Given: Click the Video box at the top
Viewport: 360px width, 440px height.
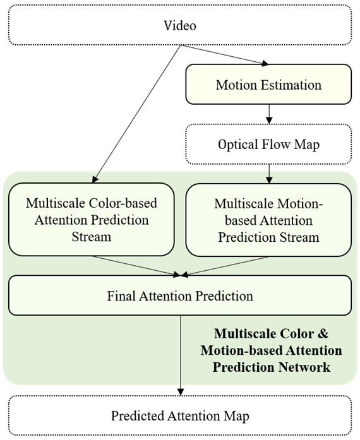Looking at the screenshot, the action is [180, 25].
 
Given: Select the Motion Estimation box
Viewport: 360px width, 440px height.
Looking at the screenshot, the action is [268, 85].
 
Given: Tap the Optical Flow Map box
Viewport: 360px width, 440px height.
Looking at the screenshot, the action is [268, 144].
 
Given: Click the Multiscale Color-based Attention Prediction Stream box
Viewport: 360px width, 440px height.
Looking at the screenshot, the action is [92, 220].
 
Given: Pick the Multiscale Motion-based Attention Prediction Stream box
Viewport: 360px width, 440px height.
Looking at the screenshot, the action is [268, 220].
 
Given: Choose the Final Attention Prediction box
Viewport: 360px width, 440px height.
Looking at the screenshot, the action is [180, 295].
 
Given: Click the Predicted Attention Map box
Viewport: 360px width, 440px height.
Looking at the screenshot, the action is [180, 415].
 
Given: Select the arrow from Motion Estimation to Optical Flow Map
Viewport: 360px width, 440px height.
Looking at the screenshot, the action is [269, 114].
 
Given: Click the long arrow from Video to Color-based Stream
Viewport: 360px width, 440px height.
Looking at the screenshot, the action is [136, 114].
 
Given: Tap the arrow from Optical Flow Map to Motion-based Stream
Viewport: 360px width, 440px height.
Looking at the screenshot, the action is [269, 174].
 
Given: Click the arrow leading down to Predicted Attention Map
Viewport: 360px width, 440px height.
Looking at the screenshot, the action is [181, 355].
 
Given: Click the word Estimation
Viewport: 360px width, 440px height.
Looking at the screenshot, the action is [291, 85].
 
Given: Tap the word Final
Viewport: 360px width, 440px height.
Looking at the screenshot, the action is [121, 296].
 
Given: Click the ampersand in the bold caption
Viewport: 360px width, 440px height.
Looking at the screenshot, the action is [323, 334].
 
